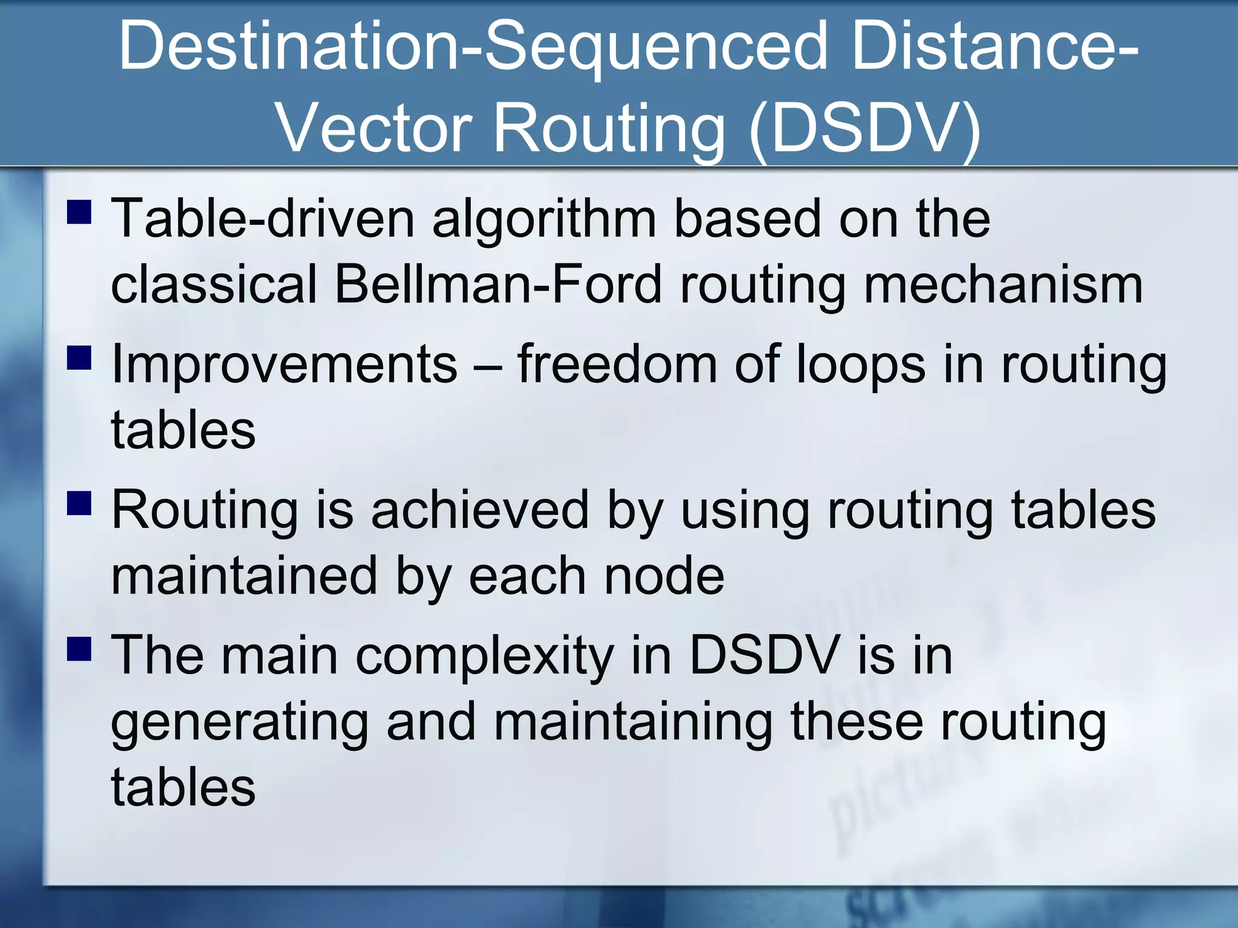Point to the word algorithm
[544, 219]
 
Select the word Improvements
[285, 364]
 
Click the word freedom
[617, 364]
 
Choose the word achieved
[480, 510]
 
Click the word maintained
[245, 576]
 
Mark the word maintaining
[633, 724]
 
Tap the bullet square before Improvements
[79, 357]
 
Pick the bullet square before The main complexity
[79, 649]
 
